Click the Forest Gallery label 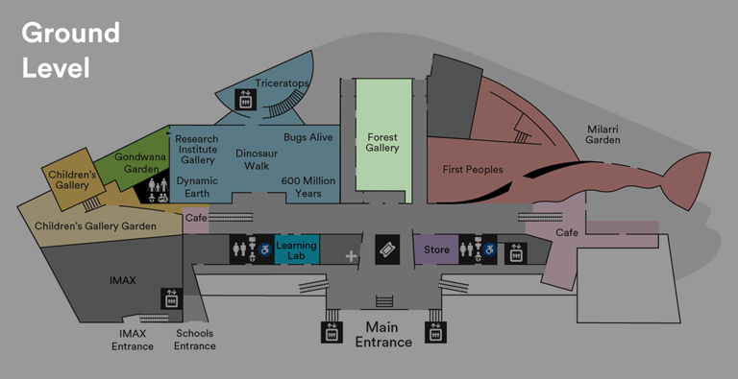coord(382,142)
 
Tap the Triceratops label coord(282,83)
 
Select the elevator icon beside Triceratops coord(244,97)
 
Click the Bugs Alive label coord(307,138)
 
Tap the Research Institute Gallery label coord(197,150)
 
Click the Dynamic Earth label coord(197,187)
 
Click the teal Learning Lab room coord(296,251)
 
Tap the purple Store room coord(437,250)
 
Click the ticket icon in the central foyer coord(386,249)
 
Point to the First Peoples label coord(473,170)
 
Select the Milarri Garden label coord(603,133)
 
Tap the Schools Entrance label coord(194,340)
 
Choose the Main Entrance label coord(383,335)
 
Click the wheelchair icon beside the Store coord(489,250)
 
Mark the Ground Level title coord(70,50)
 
